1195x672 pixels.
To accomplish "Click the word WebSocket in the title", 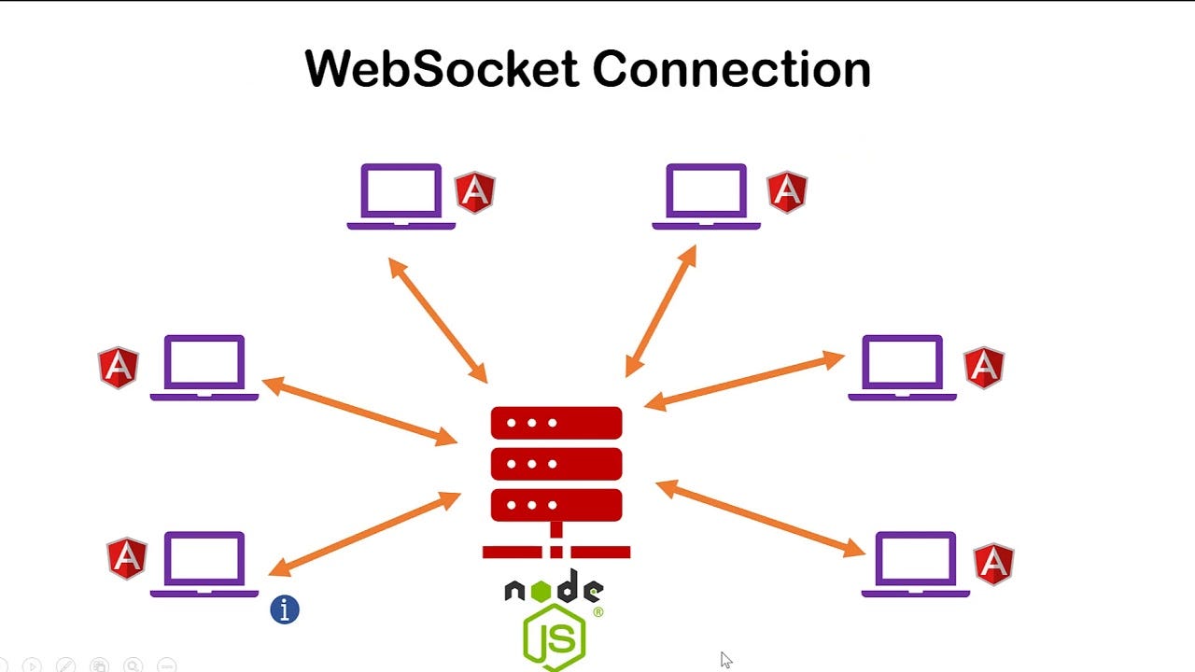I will pos(441,69).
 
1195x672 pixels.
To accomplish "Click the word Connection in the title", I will pos(731,69).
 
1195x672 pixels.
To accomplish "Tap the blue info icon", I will pos(285,609).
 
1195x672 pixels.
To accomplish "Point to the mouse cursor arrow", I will pos(725,659).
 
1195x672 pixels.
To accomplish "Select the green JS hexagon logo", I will pos(555,637).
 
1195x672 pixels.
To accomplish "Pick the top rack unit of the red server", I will pos(556,422).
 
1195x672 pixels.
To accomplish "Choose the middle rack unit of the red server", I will pos(556,463).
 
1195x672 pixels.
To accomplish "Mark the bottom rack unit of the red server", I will pos(556,504).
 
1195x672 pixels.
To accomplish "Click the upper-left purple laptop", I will pos(401,195).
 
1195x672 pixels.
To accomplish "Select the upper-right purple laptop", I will pos(706,195).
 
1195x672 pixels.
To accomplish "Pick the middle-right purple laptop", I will pos(902,367).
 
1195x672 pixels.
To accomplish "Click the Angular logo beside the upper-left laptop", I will pos(474,192).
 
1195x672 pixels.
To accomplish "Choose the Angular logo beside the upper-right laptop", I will pos(786,192).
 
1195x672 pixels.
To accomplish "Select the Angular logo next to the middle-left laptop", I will pos(119,367).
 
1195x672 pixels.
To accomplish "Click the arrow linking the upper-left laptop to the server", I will pos(438,320).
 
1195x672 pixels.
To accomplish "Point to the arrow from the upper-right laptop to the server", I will pos(661,311).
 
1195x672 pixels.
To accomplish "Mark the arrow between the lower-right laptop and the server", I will pos(761,519).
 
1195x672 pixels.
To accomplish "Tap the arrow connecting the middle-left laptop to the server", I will pos(359,411).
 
